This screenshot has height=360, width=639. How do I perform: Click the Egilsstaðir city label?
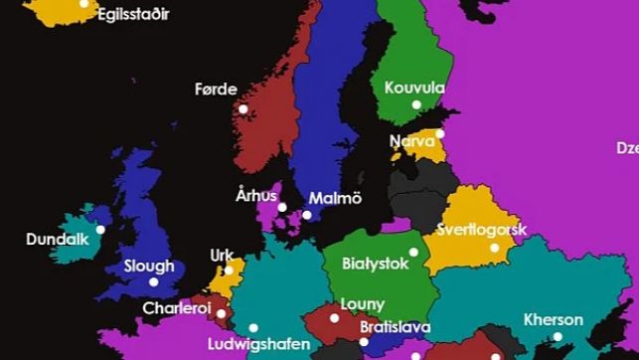[132, 15]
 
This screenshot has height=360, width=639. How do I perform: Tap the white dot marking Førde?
[243, 109]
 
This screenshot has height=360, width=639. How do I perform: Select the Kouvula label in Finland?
[414, 88]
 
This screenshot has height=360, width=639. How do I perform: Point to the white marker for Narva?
[440, 133]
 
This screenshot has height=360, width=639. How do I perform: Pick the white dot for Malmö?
[307, 215]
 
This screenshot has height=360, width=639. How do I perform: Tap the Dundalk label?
[58, 240]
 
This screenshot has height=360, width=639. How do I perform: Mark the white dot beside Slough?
[153, 281]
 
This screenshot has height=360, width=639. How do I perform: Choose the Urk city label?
[223, 256]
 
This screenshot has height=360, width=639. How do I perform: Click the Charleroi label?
[177, 308]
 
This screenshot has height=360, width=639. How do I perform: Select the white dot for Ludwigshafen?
[253, 327]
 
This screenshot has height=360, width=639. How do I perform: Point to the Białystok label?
[375, 265]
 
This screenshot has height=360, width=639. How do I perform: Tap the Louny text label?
[362, 304]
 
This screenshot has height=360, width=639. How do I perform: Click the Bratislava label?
[395, 326]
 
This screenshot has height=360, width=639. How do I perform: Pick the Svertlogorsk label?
[481, 230]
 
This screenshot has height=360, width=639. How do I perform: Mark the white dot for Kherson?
[558, 336]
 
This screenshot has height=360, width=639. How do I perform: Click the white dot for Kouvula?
[416, 104]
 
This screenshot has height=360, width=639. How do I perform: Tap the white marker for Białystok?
[414, 252]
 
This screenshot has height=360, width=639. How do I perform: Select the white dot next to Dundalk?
[100, 230]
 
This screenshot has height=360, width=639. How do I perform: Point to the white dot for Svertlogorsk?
[495, 248]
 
